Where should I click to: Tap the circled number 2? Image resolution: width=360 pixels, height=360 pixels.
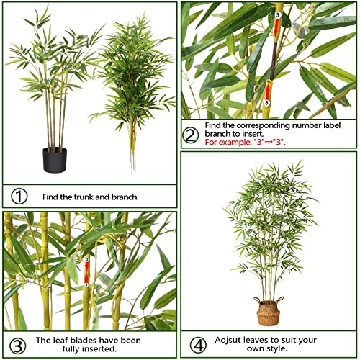[x=191, y=135]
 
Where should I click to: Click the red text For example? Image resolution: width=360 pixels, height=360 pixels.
[x=225, y=142]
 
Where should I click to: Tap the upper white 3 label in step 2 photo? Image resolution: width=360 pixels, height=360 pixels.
[x=278, y=14]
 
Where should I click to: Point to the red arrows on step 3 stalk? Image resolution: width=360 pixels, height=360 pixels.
[x=86, y=271]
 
